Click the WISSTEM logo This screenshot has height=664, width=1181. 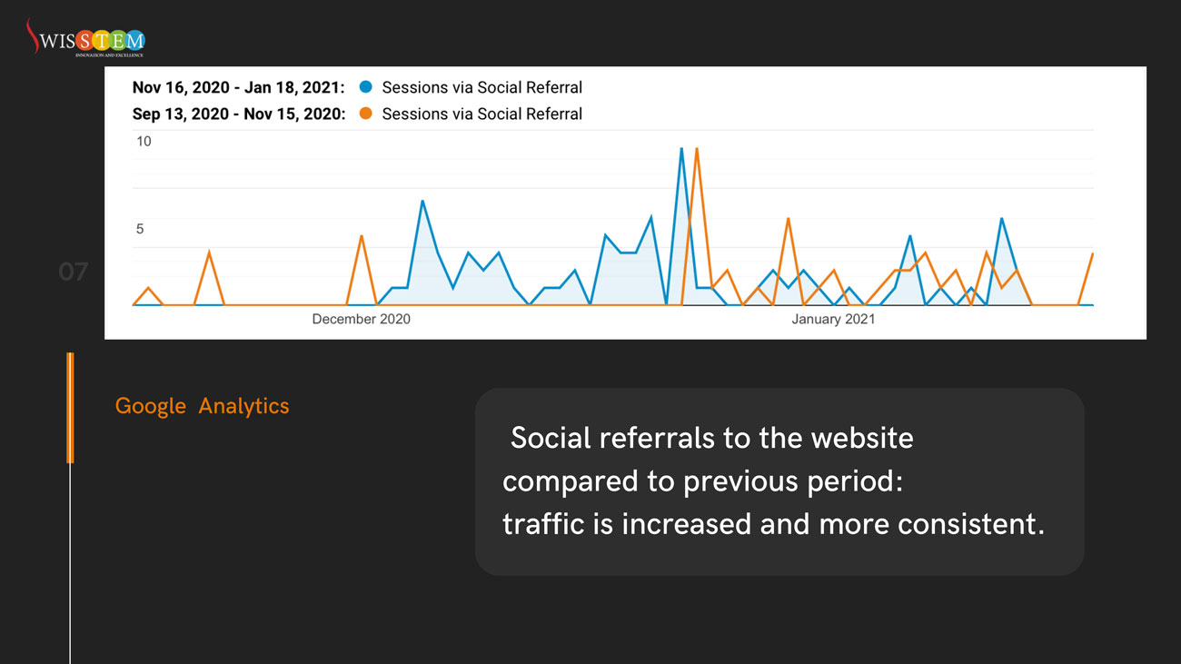(x=85, y=39)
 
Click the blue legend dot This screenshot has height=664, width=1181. (x=365, y=87)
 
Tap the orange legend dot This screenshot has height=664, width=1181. (x=365, y=114)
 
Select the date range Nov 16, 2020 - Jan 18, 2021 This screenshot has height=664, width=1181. (x=238, y=87)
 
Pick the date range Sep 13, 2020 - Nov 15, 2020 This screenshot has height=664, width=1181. (x=238, y=114)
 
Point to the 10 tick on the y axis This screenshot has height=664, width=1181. (x=144, y=142)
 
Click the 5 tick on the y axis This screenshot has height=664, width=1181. (x=140, y=229)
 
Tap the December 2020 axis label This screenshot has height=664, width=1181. (x=361, y=319)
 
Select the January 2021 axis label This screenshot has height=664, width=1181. (x=833, y=319)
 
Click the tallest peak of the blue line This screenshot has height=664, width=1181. (x=681, y=149)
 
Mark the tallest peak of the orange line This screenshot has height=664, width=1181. (x=697, y=149)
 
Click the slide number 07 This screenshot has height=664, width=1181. (x=74, y=272)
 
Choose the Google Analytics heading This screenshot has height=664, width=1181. (x=202, y=406)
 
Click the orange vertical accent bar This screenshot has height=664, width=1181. (x=70, y=408)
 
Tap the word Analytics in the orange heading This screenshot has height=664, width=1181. (x=243, y=406)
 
